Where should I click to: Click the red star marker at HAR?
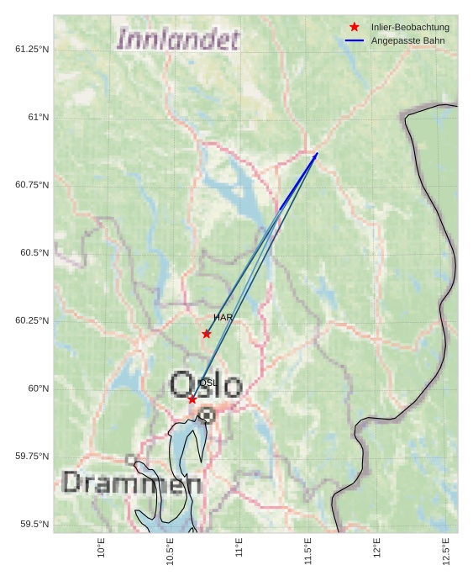[x=207, y=334]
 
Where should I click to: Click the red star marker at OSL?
[x=192, y=399]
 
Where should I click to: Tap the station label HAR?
[x=223, y=318]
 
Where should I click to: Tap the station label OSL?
[x=208, y=383]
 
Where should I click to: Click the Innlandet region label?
[x=178, y=40]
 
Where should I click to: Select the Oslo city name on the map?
[x=206, y=386]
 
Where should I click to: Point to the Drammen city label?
[x=132, y=483]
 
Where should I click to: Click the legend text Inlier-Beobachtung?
[x=410, y=27]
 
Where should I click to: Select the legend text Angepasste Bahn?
[x=407, y=40]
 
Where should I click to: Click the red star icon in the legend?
[x=355, y=27]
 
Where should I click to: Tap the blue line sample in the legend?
[x=355, y=40]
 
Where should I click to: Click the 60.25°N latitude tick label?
[x=32, y=320]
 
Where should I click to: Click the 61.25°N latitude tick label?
[x=32, y=49]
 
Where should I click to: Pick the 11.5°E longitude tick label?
[x=308, y=551]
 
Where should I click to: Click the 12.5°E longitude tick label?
[x=446, y=551]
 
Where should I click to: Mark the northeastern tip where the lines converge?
[x=317, y=153]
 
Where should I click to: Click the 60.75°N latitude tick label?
[x=32, y=185]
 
